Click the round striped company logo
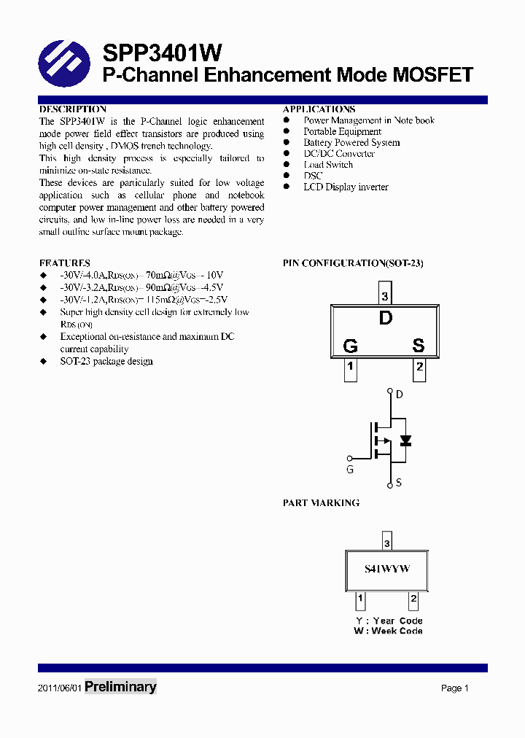click(x=63, y=63)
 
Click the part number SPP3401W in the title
click(x=162, y=53)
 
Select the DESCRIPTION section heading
click(x=73, y=109)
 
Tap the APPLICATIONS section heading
click(x=319, y=109)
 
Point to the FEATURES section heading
click(x=65, y=263)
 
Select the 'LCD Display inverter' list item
click(x=346, y=187)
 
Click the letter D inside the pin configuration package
click(x=385, y=318)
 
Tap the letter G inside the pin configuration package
click(x=351, y=346)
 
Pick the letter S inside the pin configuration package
click(x=419, y=346)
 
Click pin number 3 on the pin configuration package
click(x=385, y=297)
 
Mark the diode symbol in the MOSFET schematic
click(x=405, y=440)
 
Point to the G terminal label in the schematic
click(x=350, y=470)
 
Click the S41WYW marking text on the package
click(x=387, y=569)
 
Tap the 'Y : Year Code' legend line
click(x=389, y=621)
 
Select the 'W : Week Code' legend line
click(x=388, y=631)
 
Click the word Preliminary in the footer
click(x=120, y=687)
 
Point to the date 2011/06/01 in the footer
click(x=59, y=688)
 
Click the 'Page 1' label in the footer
click(x=454, y=688)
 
